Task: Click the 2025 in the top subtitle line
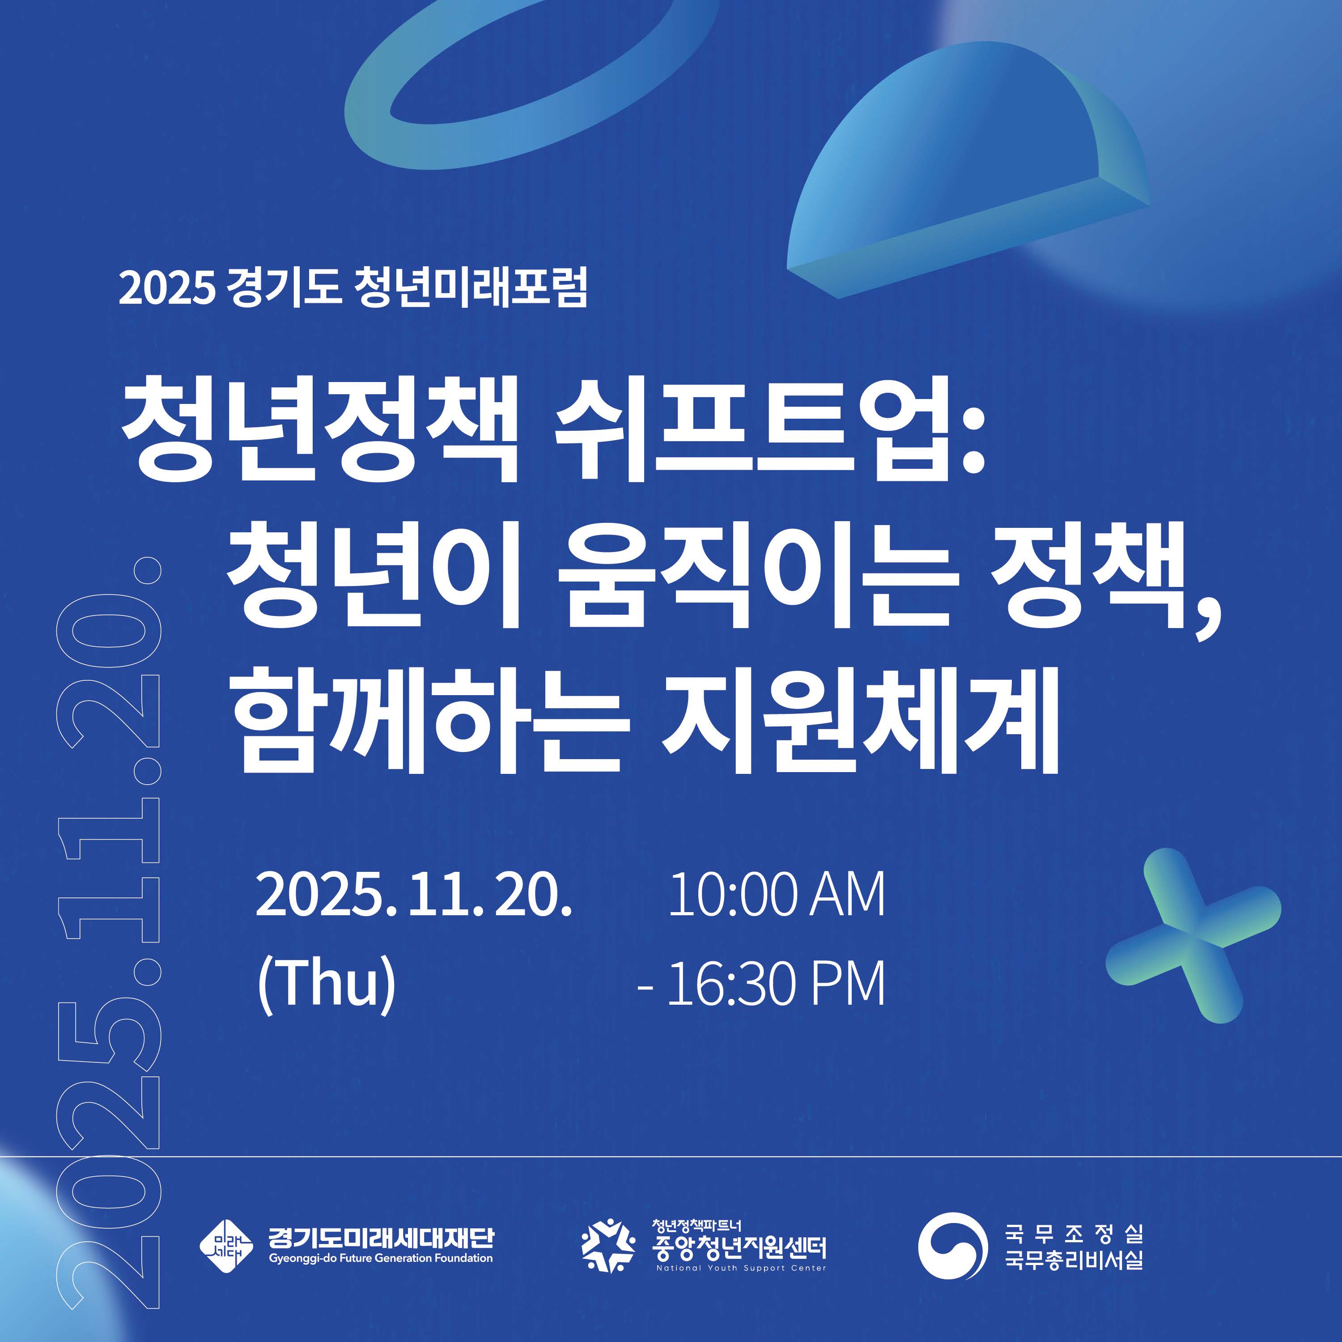pyautogui.click(x=167, y=288)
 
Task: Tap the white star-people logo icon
pyautogui.click(x=608, y=1246)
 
